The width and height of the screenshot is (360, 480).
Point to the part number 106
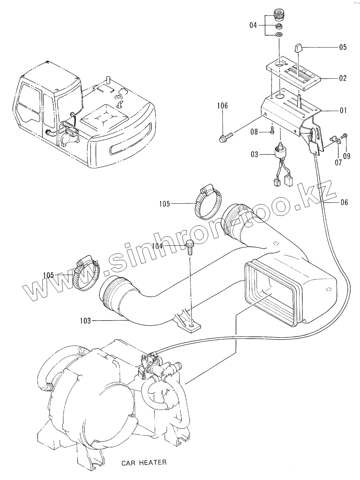(x=222, y=106)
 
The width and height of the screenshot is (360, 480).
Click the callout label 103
(x=85, y=320)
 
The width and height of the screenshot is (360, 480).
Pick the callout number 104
(x=158, y=246)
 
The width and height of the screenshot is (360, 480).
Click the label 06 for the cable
(x=344, y=203)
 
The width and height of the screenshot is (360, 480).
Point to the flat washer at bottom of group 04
(x=279, y=35)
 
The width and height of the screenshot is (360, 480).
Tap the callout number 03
(x=254, y=154)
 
